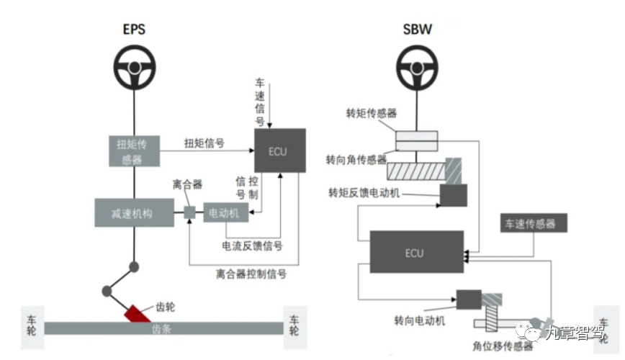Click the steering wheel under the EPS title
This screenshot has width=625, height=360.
coord(134,69)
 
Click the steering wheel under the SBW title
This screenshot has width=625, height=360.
coord(416,69)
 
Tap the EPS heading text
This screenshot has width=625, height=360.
coord(134,30)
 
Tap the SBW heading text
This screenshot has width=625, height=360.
coord(416,30)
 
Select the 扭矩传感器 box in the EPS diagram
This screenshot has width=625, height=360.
coord(134,151)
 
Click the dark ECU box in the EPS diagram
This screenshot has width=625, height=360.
coord(279,151)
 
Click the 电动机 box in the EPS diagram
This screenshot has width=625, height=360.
coord(225,212)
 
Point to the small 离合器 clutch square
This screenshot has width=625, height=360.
coord(189,212)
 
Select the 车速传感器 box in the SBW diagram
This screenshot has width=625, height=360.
coord(533,223)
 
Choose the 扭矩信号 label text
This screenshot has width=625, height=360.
coord(204,143)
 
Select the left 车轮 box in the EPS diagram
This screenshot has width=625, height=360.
coord(32,326)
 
